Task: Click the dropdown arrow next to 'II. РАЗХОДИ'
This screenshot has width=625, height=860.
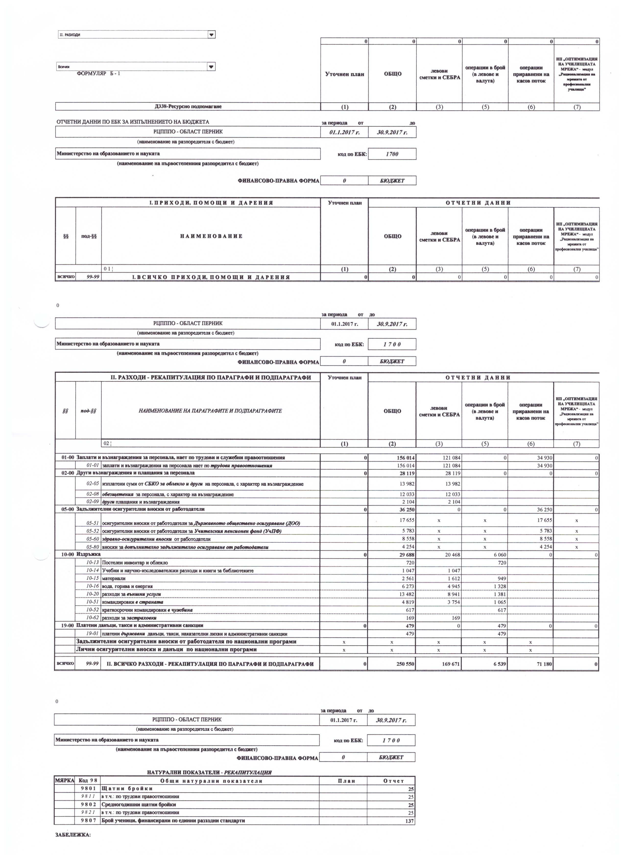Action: [212, 35]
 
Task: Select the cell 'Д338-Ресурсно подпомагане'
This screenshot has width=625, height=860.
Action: [188, 107]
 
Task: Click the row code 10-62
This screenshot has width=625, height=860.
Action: [93, 618]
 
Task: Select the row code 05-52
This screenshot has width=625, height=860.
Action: [93, 531]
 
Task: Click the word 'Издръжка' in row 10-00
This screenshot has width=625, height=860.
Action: [88, 554]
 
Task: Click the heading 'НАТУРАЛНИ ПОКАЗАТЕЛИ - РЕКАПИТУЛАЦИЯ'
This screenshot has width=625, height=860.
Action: [209, 772]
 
